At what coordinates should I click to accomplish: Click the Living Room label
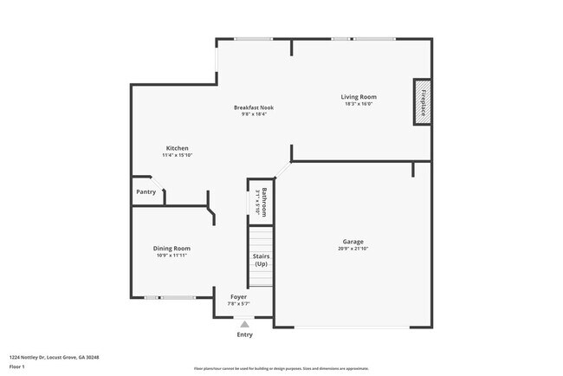click(359, 97)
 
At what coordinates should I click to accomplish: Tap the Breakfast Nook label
click(254, 107)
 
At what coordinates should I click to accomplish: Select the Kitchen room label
click(177, 148)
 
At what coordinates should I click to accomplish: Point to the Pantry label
click(146, 191)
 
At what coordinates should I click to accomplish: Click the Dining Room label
click(171, 249)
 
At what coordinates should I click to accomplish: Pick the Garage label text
click(353, 242)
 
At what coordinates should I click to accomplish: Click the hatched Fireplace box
click(423, 101)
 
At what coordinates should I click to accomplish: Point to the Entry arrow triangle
click(244, 325)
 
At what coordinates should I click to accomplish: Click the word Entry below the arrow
click(245, 334)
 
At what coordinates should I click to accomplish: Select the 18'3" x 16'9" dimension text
click(359, 104)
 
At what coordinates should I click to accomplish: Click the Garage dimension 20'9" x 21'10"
click(353, 249)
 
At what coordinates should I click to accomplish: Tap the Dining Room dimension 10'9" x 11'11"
click(171, 256)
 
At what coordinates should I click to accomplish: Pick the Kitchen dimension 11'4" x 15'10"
click(177, 155)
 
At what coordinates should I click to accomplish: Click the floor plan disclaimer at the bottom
click(281, 368)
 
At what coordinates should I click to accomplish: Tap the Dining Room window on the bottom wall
click(170, 298)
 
